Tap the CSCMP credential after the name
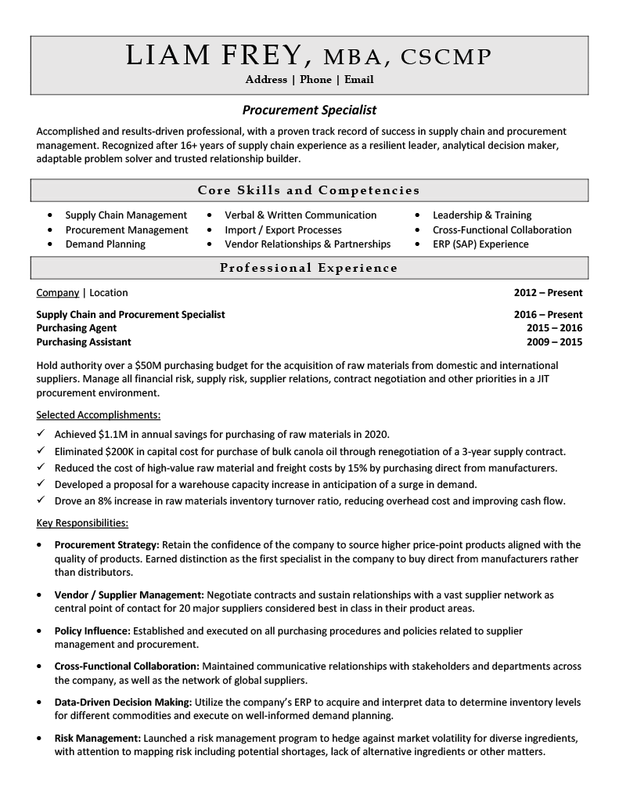446,56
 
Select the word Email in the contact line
358,79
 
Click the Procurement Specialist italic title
309,110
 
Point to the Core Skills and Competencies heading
309,190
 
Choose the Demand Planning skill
105,244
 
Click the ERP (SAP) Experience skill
480,244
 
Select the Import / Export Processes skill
283,230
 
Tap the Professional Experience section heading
309,268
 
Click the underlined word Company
58,293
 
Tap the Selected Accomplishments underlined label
99,415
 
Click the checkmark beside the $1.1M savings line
41,434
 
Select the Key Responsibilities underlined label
83,522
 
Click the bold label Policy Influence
92,630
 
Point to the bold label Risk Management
97,738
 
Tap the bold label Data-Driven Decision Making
123,702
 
